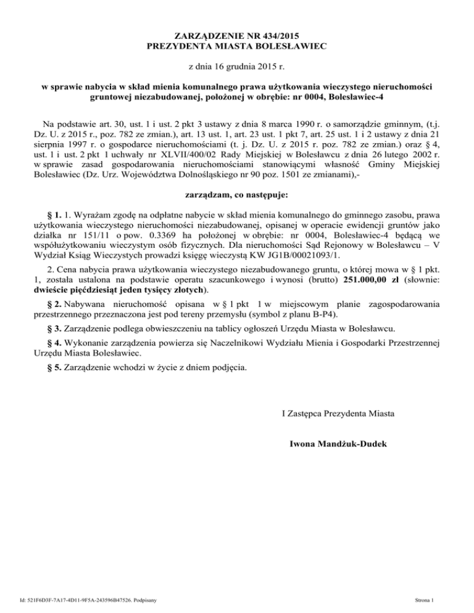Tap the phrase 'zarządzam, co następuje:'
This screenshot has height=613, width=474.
(238, 197)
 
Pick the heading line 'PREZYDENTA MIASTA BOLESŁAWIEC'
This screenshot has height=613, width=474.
(238, 45)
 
